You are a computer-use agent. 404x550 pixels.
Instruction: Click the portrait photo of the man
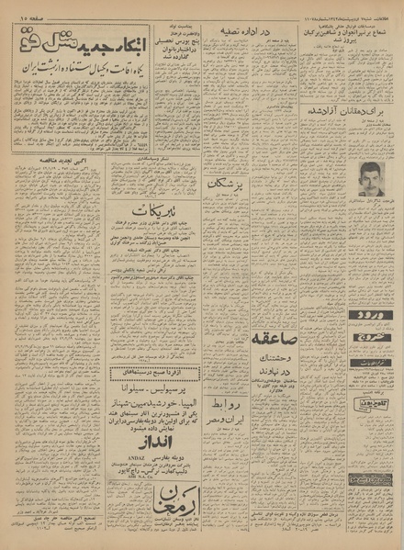point(363,169)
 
